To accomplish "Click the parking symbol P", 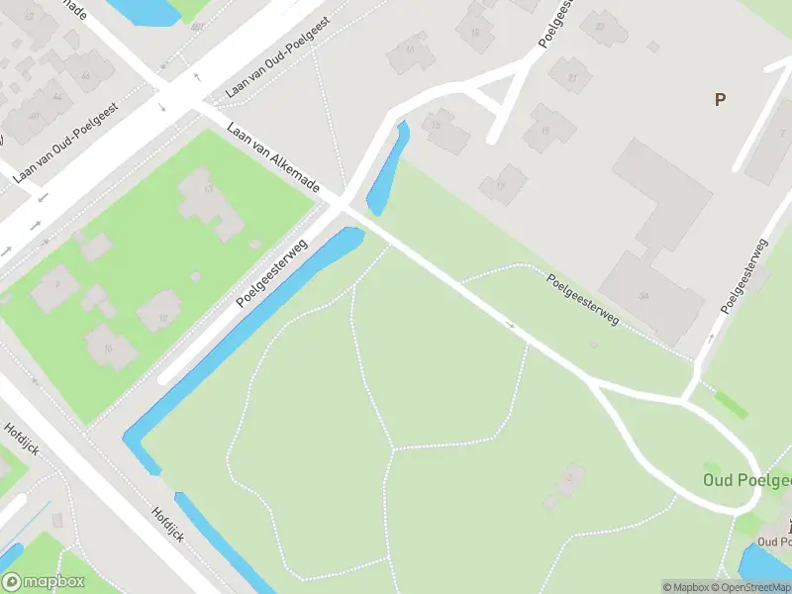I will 720,99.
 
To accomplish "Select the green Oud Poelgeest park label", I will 747,480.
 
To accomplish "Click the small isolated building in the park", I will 565,486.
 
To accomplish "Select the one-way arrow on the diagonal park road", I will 512,325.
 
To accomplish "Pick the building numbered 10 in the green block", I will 109,346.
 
